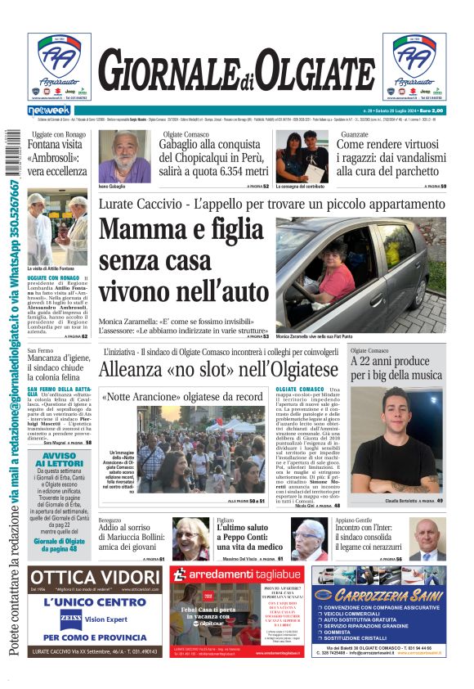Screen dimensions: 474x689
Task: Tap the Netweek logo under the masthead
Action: point(49,110)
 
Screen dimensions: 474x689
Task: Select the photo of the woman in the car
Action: point(360,274)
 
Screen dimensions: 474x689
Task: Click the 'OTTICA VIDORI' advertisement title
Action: point(96,579)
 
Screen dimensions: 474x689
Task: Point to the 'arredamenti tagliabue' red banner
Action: point(237,575)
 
